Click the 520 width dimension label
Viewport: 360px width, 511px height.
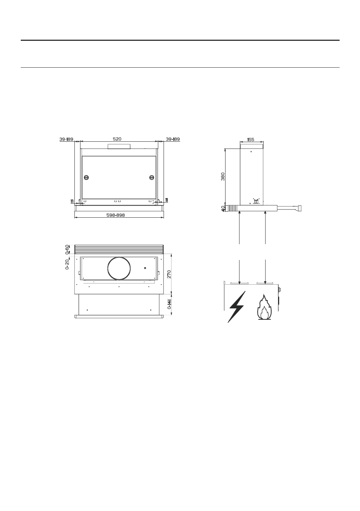click(x=117, y=139)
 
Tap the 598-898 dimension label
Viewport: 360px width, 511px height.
click(x=116, y=215)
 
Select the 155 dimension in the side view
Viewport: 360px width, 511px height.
click(x=250, y=139)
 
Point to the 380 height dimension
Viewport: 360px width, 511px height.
click(x=223, y=177)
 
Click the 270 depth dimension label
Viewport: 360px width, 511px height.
click(x=169, y=274)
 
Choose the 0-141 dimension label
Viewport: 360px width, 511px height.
click(x=169, y=304)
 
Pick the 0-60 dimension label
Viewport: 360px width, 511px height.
click(x=67, y=249)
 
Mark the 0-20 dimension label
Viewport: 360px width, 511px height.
click(x=67, y=265)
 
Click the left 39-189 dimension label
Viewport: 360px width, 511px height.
click(x=66, y=139)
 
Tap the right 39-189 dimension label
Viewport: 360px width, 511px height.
click(x=173, y=139)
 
